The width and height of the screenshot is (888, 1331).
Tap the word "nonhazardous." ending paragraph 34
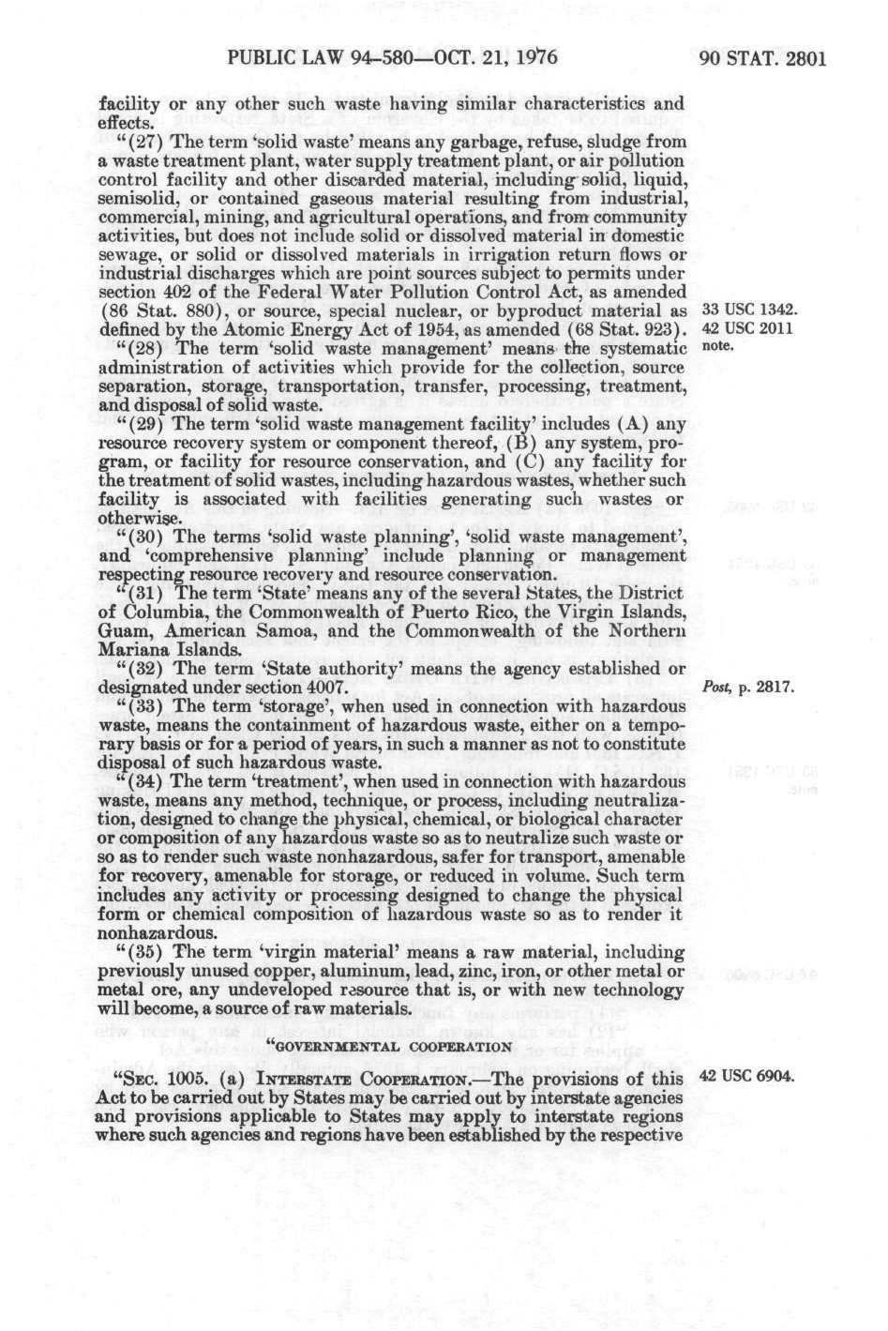point(153,933)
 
